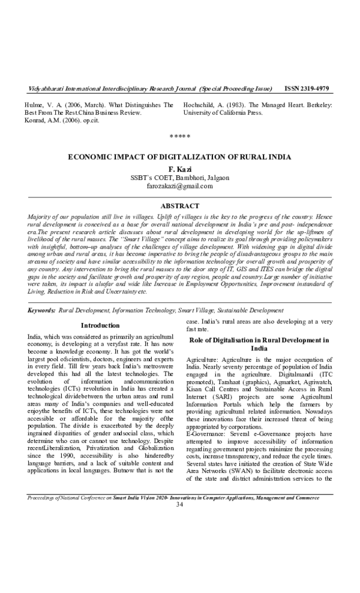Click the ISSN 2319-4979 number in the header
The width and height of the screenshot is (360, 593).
pyautogui.click(x=307, y=89)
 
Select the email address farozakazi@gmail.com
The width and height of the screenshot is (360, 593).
pyautogui.click(x=179, y=187)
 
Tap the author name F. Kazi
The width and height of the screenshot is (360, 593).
pyautogui.click(x=180, y=169)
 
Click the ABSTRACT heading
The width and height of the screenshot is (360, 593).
pyautogui.click(x=180, y=206)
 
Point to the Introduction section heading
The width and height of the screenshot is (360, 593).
pyautogui.click(x=100, y=325)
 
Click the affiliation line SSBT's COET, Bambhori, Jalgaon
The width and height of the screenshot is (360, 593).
pyautogui.click(x=179, y=178)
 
